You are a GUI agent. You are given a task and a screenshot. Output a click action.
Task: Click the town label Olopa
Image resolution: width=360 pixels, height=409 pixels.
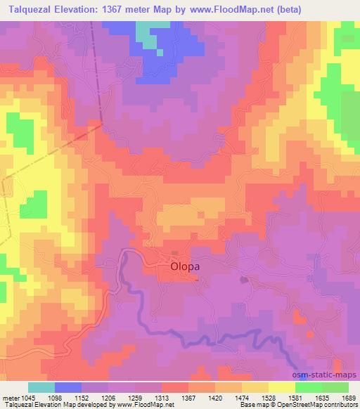pos(186,267)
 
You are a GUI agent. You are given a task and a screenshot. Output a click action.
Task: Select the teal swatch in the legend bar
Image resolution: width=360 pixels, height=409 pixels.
pos(41,387)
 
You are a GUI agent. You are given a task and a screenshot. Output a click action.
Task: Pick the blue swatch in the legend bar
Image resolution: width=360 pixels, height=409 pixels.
pos(67,387)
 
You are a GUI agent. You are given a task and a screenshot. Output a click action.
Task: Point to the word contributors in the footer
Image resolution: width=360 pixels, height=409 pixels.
pos(338,405)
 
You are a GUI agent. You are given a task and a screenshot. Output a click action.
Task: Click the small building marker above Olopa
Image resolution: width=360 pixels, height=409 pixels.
pos(176,254)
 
